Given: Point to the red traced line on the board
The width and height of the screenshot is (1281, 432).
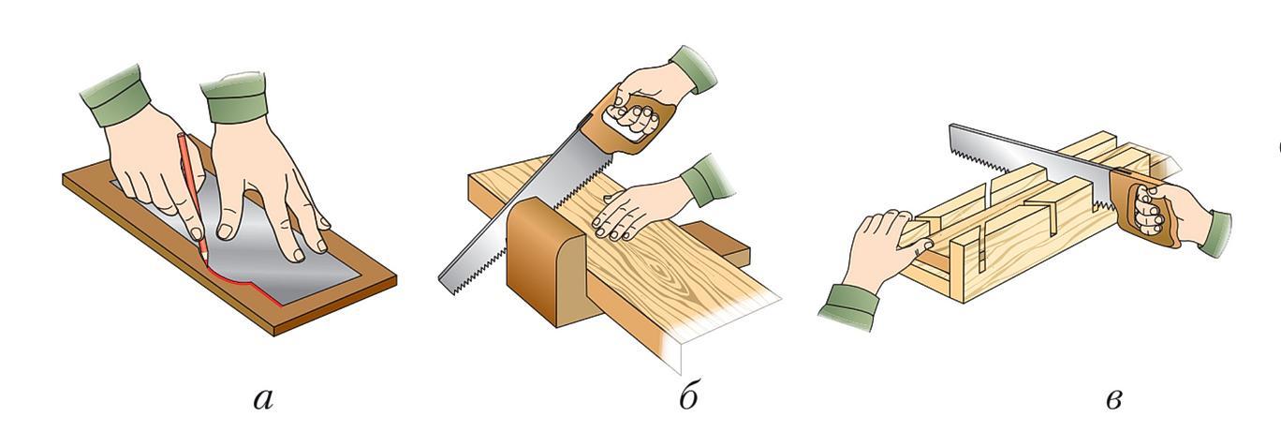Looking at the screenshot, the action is coord(246,283).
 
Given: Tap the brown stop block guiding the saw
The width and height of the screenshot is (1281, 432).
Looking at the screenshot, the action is coord(543,263).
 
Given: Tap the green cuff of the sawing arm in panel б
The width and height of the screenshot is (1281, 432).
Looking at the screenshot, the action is coord(693,68).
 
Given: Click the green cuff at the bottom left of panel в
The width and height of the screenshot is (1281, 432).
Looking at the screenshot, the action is coord(848,307).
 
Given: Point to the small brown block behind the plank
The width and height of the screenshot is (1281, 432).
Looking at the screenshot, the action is coord(717,247).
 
